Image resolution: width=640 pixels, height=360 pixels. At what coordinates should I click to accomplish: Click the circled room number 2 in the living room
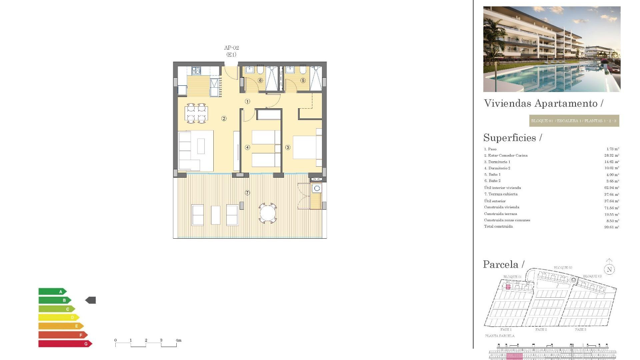(x=224, y=119)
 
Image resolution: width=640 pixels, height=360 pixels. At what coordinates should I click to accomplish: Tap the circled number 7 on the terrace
(x=247, y=193)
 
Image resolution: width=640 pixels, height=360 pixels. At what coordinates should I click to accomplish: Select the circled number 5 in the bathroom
(x=303, y=80)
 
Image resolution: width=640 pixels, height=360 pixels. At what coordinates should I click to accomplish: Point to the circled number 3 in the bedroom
(x=288, y=147)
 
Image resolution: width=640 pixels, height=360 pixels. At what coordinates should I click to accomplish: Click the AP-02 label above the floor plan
(x=231, y=48)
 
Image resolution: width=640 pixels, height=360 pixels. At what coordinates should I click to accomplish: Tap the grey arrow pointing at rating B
(x=91, y=300)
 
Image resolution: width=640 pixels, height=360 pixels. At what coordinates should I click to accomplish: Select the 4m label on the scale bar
(x=179, y=340)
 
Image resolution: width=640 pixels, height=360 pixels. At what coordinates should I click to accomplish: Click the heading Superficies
(x=510, y=138)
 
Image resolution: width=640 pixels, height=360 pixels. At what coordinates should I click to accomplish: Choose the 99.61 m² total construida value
(x=611, y=227)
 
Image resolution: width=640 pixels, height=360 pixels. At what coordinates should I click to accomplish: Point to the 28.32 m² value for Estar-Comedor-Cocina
(x=611, y=155)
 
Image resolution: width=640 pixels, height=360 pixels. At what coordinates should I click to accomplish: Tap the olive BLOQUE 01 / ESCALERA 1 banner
(x=574, y=121)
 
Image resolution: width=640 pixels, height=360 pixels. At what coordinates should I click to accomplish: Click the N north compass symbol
(x=609, y=269)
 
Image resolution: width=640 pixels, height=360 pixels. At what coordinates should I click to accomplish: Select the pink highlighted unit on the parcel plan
(x=508, y=287)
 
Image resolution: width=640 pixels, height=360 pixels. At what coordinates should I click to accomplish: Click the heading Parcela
(x=501, y=265)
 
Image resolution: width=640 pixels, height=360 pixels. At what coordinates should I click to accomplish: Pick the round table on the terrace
(x=268, y=213)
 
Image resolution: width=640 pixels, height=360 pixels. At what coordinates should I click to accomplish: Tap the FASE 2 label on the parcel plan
(x=541, y=330)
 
